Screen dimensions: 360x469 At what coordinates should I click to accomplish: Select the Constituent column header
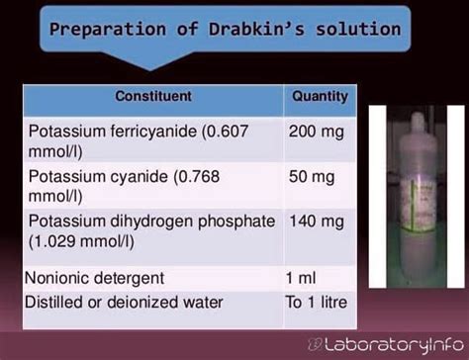point(152,97)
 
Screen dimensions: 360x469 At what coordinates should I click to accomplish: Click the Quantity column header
point(320,97)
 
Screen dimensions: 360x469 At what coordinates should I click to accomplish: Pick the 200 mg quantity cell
point(314,130)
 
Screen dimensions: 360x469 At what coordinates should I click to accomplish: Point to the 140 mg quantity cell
point(314,221)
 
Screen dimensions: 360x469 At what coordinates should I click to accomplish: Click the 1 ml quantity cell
point(303,278)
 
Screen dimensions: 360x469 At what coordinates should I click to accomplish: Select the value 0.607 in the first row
point(244,130)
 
